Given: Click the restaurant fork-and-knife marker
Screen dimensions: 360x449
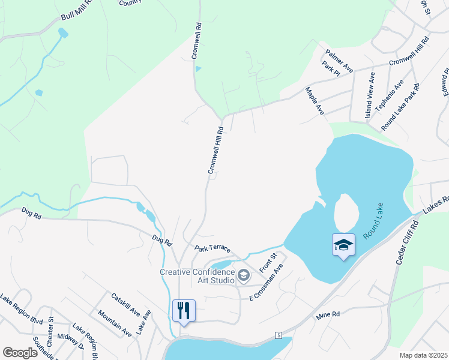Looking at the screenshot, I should point(184,310).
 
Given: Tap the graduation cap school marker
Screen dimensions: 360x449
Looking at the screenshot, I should point(343,245).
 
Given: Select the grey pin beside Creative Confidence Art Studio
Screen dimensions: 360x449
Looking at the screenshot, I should point(244,276).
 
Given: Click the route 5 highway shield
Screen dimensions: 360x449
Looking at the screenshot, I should point(279,334).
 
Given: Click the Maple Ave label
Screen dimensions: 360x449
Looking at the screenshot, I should point(315,101).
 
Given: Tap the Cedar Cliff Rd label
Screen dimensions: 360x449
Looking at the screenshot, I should point(406,242).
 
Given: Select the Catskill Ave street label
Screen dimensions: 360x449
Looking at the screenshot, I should point(125,304).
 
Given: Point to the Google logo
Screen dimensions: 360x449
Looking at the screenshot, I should point(20,353).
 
